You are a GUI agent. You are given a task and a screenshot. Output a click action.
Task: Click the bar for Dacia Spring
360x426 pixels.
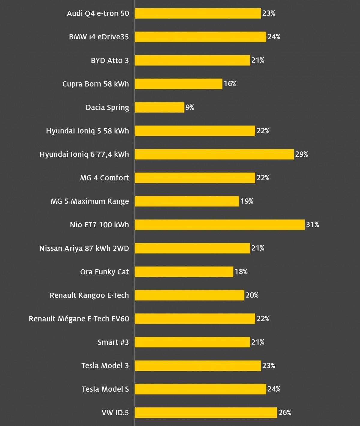pyautogui.click(x=159, y=107)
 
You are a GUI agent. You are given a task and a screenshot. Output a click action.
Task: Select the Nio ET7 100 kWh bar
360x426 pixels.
pyautogui.click(x=220, y=225)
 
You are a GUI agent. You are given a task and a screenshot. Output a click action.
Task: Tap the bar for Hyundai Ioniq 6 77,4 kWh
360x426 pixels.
pyautogui.click(x=214, y=154)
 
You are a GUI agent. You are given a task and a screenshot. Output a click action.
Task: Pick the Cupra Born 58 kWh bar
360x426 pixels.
pyautogui.click(x=178, y=84)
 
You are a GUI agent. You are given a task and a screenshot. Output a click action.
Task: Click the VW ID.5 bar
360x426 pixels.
pyautogui.click(x=206, y=412)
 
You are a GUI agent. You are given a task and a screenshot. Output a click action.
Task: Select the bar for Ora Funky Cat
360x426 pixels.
pyautogui.click(x=184, y=272)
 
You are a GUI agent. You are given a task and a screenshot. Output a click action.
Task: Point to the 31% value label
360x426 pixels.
pyautogui.click(x=312, y=225)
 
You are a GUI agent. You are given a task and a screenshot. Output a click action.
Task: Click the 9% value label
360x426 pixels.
pyautogui.click(x=190, y=107)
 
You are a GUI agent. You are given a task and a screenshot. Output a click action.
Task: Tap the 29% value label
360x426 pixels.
pyautogui.click(x=301, y=154)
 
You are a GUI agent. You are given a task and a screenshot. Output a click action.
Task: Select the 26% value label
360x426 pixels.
pyautogui.click(x=285, y=412)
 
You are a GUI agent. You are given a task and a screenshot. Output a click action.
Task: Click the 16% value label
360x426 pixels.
pyautogui.click(x=230, y=84)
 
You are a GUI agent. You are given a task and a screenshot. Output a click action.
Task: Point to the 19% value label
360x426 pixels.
pyautogui.click(x=247, y=201)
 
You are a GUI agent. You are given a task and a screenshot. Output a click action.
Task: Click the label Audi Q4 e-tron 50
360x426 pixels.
pyautogui.click(x=98, y=13)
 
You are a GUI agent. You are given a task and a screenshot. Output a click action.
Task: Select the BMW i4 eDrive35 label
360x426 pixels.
pyautogui.click(x=99, y=37)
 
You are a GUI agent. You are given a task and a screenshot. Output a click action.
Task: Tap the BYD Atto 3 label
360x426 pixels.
pyautogui.click(x=110, y=60)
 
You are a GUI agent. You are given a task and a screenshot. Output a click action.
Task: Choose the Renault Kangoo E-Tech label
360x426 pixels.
pyautogui.click(x=89, y=295)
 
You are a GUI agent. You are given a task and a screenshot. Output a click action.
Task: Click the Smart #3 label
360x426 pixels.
pyautogui.click(x=113, y=342)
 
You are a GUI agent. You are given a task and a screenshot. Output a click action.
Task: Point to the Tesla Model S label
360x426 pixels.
pyautogui.click(x=105, y=389)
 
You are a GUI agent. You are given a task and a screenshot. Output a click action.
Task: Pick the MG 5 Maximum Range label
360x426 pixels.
pyautogui.click(x=90, y=201)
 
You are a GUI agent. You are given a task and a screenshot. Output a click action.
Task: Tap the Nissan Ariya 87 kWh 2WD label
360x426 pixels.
pyautogui.click(x=84, y=248)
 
